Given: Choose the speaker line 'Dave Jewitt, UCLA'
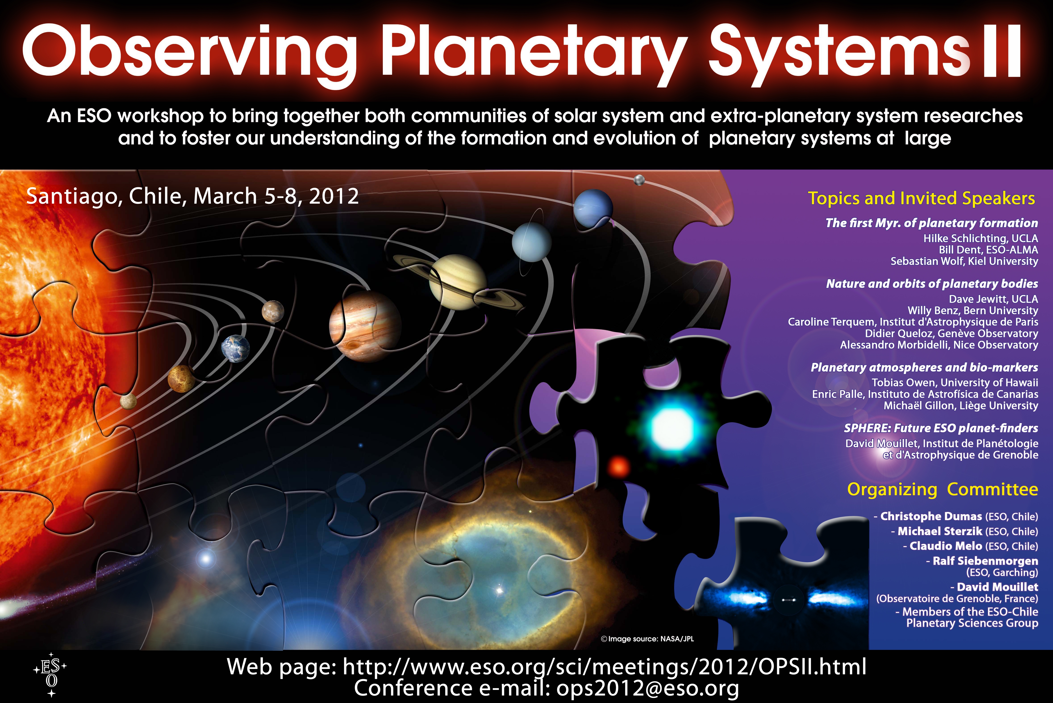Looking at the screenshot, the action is pyautogui.click(x=993, y=299).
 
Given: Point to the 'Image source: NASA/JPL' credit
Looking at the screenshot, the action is pyautogui.click(x=647, y=639).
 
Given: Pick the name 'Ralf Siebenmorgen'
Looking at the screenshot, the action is pyautogui.click(x=985, y=561).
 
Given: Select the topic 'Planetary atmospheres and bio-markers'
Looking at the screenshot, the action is pyautogui.click(x=924, y=368).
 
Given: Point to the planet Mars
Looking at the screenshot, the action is pyautogui.click(x=273, y=311).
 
